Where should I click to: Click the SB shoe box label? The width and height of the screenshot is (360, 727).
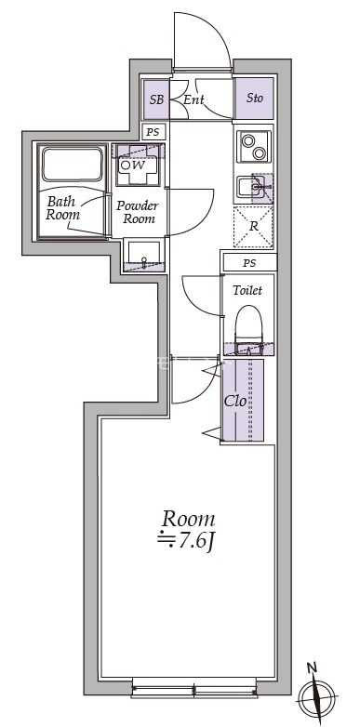pos(157,99)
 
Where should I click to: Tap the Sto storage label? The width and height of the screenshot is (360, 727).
pos(254,99)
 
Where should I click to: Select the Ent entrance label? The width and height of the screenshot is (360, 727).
pos(193,99)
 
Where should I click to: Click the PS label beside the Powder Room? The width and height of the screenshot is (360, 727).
pos(153,132)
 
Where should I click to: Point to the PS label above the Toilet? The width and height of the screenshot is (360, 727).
pos(249,263)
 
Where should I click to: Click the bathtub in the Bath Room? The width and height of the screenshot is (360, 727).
pos(73,165)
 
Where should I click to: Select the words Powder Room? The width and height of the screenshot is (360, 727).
pos(137,212)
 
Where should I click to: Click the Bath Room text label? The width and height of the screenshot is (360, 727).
pos(62,208)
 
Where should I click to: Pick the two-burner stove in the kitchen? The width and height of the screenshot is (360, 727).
pos(254,147)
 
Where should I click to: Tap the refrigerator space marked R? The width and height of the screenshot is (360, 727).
pos(253,227)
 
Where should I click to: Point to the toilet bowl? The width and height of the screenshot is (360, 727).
pos(249,324)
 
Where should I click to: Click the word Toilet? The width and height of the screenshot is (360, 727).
pos(247,290)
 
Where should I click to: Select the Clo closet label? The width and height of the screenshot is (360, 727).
pos(235,401)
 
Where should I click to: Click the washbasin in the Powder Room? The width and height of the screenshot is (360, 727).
pos(144,254)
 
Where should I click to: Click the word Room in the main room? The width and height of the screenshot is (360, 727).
pos(188,520)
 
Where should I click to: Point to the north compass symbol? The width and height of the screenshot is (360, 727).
pos(317,694)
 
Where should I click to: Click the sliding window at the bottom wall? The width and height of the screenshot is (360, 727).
pos(193,688)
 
